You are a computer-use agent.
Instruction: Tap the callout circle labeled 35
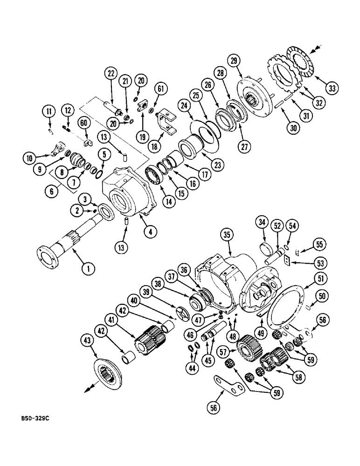tap(226, 236)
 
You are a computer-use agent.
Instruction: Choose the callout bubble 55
tap(319, 244)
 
